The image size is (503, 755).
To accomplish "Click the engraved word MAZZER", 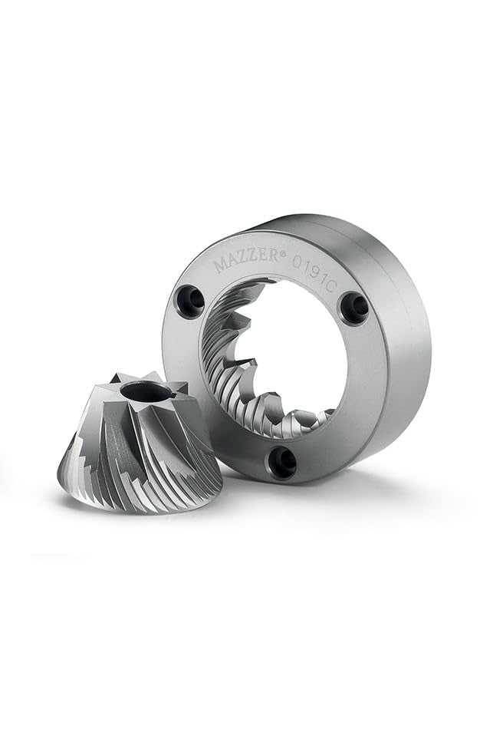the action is (247, 259).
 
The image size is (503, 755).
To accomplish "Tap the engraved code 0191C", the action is (314, 276).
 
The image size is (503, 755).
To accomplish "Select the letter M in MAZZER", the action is (222, 265).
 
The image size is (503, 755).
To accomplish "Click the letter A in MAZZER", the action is (235, 262).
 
